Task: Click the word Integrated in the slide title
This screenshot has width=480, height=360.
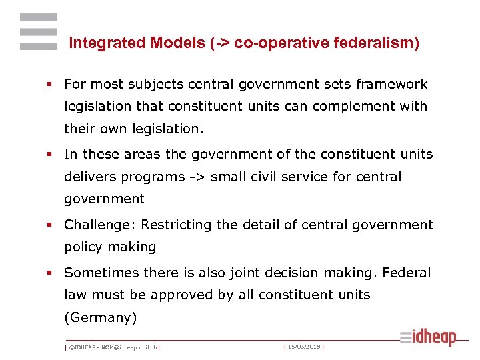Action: pyautogui.click(x=99, y=43)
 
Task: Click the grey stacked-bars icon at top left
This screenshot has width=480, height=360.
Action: pyautogui.click(x=39, y=32)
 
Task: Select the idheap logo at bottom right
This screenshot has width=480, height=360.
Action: pyautogui.click(x=428, y=338)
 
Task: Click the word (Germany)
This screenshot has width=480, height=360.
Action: pyautogui.click(x=100, y=318)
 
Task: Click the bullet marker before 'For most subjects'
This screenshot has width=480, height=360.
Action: pyautogui.click(x=49, y=85)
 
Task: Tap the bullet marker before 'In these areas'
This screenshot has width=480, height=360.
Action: pyautogui.click(x=49, y=155)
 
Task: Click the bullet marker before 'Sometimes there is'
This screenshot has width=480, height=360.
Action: pyautogui.click(x=49, y=273)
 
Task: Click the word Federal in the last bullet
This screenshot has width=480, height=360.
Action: pyautogui.click(x=407, y=273)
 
